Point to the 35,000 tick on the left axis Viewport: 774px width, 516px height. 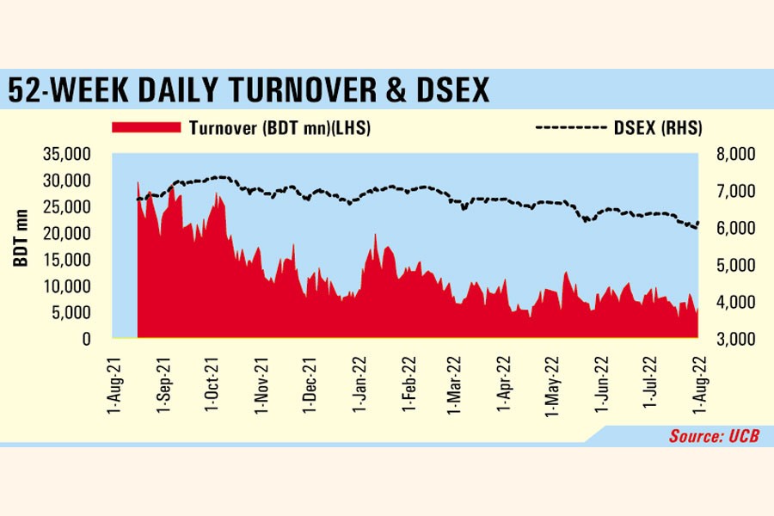click(66, 155)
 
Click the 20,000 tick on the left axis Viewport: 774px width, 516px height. click(66, 234)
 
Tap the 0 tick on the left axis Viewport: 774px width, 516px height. click(85, 340)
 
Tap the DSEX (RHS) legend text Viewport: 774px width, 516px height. click(659, 128)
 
